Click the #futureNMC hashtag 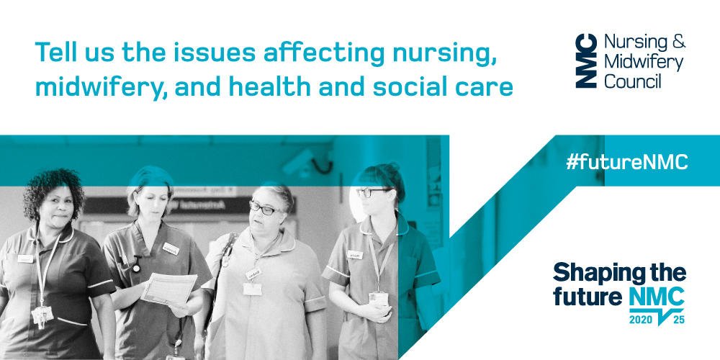pos(627,161)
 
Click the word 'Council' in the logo pos(632,82)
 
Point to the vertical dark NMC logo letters pos(586,60)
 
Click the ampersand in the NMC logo pos(678,41)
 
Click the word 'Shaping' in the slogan pos(586,274)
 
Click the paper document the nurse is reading pos(169,289)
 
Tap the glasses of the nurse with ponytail pos(372,192)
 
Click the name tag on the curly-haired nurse pos(26,258)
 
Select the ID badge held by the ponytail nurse pos(379,299)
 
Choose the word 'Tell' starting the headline pos(53,52)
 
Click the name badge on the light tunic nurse pos(253,274)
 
